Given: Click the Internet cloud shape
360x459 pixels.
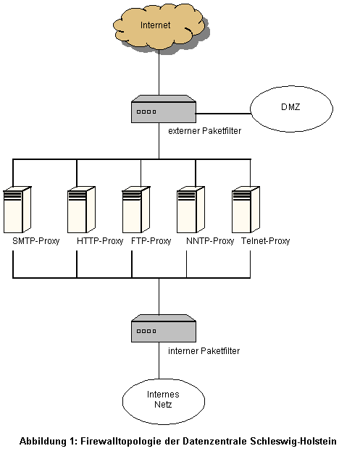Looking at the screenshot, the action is [x=159, y=28].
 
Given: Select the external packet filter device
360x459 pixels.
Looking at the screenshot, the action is [x=164, y=109].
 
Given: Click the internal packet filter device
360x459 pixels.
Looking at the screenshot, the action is [x=164, y=328].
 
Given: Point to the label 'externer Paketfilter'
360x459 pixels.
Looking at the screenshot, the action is [x=204, y=131].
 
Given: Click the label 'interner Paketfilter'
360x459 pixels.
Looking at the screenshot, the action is [x=204, y=350].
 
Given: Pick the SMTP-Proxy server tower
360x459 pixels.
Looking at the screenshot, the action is [x=17, y=209].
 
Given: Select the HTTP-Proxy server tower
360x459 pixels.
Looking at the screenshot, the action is [x=81, y=209].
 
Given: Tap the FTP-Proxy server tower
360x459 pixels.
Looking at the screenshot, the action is [x=136, y=209].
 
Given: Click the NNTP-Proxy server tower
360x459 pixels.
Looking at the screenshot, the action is [x=191, y=209].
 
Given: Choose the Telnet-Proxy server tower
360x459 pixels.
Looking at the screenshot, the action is [x=246, y=209].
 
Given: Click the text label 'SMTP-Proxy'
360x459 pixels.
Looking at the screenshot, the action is [x=36, y=241].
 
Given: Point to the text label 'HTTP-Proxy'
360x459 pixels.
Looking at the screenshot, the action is [x=100, y=241].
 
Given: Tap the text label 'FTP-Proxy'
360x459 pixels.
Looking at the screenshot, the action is [x=151, y=241].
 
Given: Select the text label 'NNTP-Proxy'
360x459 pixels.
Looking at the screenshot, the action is [x=210, y=241].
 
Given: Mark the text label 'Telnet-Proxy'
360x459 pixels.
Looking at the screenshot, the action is [x=265, y=241].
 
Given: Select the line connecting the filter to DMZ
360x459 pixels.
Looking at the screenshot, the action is [x=223, y=113].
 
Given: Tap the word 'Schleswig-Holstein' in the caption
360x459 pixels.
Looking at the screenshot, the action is [x=293, y=441].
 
